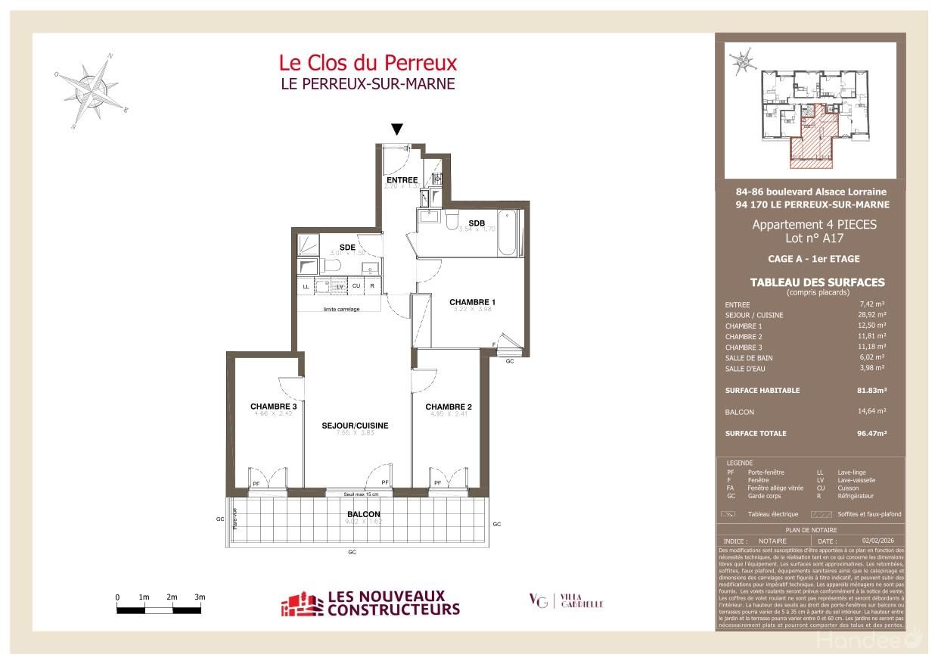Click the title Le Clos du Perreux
tap(368, 61)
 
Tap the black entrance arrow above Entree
tap(396, 130)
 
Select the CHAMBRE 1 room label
tap(471, 302)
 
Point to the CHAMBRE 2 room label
tap(449, 407)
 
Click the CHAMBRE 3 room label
tap(273, 407)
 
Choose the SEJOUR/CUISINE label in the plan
tap(355, 426)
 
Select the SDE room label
tap(347, 248)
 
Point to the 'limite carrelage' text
tap(341, 309)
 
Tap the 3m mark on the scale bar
tap(200, 597)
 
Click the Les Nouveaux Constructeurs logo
tap(371, 603)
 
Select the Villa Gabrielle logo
tap(566, 601)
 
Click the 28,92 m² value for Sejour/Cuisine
tap(871, 315)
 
